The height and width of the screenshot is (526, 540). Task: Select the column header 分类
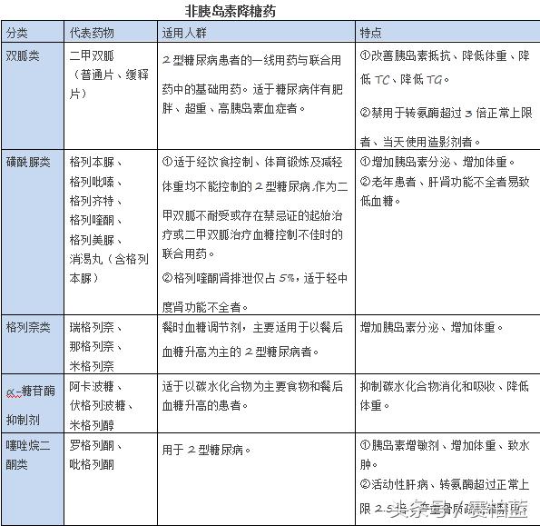point(17,34)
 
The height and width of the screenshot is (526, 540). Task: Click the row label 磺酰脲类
point(28,164)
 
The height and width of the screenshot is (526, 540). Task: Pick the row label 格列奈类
point(28,326)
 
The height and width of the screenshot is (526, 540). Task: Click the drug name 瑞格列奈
point(92,326)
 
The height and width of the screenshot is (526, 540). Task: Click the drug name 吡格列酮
point(92,464)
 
